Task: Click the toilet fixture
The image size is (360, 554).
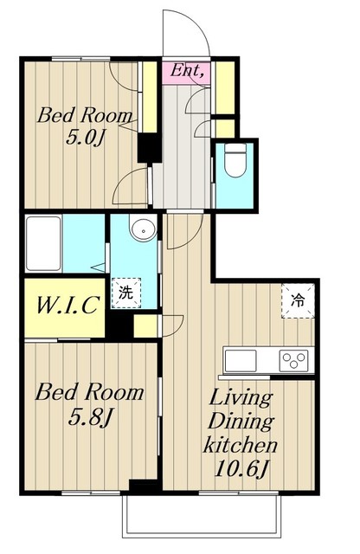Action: click(235, 160)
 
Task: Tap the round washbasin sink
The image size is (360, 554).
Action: click(143, 229)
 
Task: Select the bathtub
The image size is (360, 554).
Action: click(43, 243)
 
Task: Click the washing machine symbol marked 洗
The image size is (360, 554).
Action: click(126, 293)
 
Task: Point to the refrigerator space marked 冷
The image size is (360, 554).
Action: click(298, 300)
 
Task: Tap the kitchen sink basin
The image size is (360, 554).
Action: click(241, 361)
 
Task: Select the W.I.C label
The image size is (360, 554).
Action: click(67, 305)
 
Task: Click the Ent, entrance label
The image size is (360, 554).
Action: click(187, 70)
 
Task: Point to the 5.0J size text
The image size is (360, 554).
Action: click(85, 138)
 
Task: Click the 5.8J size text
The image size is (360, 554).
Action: click(90, 418)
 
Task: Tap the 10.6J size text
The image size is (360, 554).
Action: click(241, 469)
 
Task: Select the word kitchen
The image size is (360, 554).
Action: click(240, 445)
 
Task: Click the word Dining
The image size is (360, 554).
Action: click(241, 422)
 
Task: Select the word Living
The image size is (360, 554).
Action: click(241, 398)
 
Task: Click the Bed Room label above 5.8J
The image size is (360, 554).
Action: click(89, 392)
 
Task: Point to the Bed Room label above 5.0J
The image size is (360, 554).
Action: click(85, 115)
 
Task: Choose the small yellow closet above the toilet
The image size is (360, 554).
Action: click(225, 129)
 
